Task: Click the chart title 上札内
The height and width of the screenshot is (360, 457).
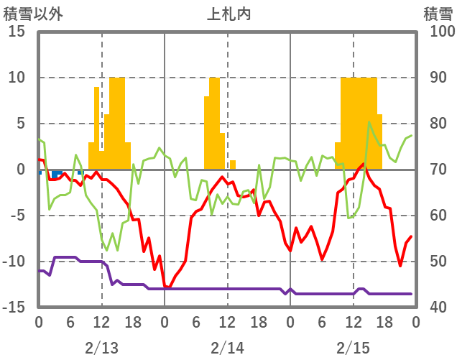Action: pos(228,14)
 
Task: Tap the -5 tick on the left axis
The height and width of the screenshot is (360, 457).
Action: pos(18,216)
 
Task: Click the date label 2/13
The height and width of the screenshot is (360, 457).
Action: pos(101,348)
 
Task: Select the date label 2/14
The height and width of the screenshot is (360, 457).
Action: pos(227,348)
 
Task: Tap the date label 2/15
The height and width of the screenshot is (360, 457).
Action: pos(353,348)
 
